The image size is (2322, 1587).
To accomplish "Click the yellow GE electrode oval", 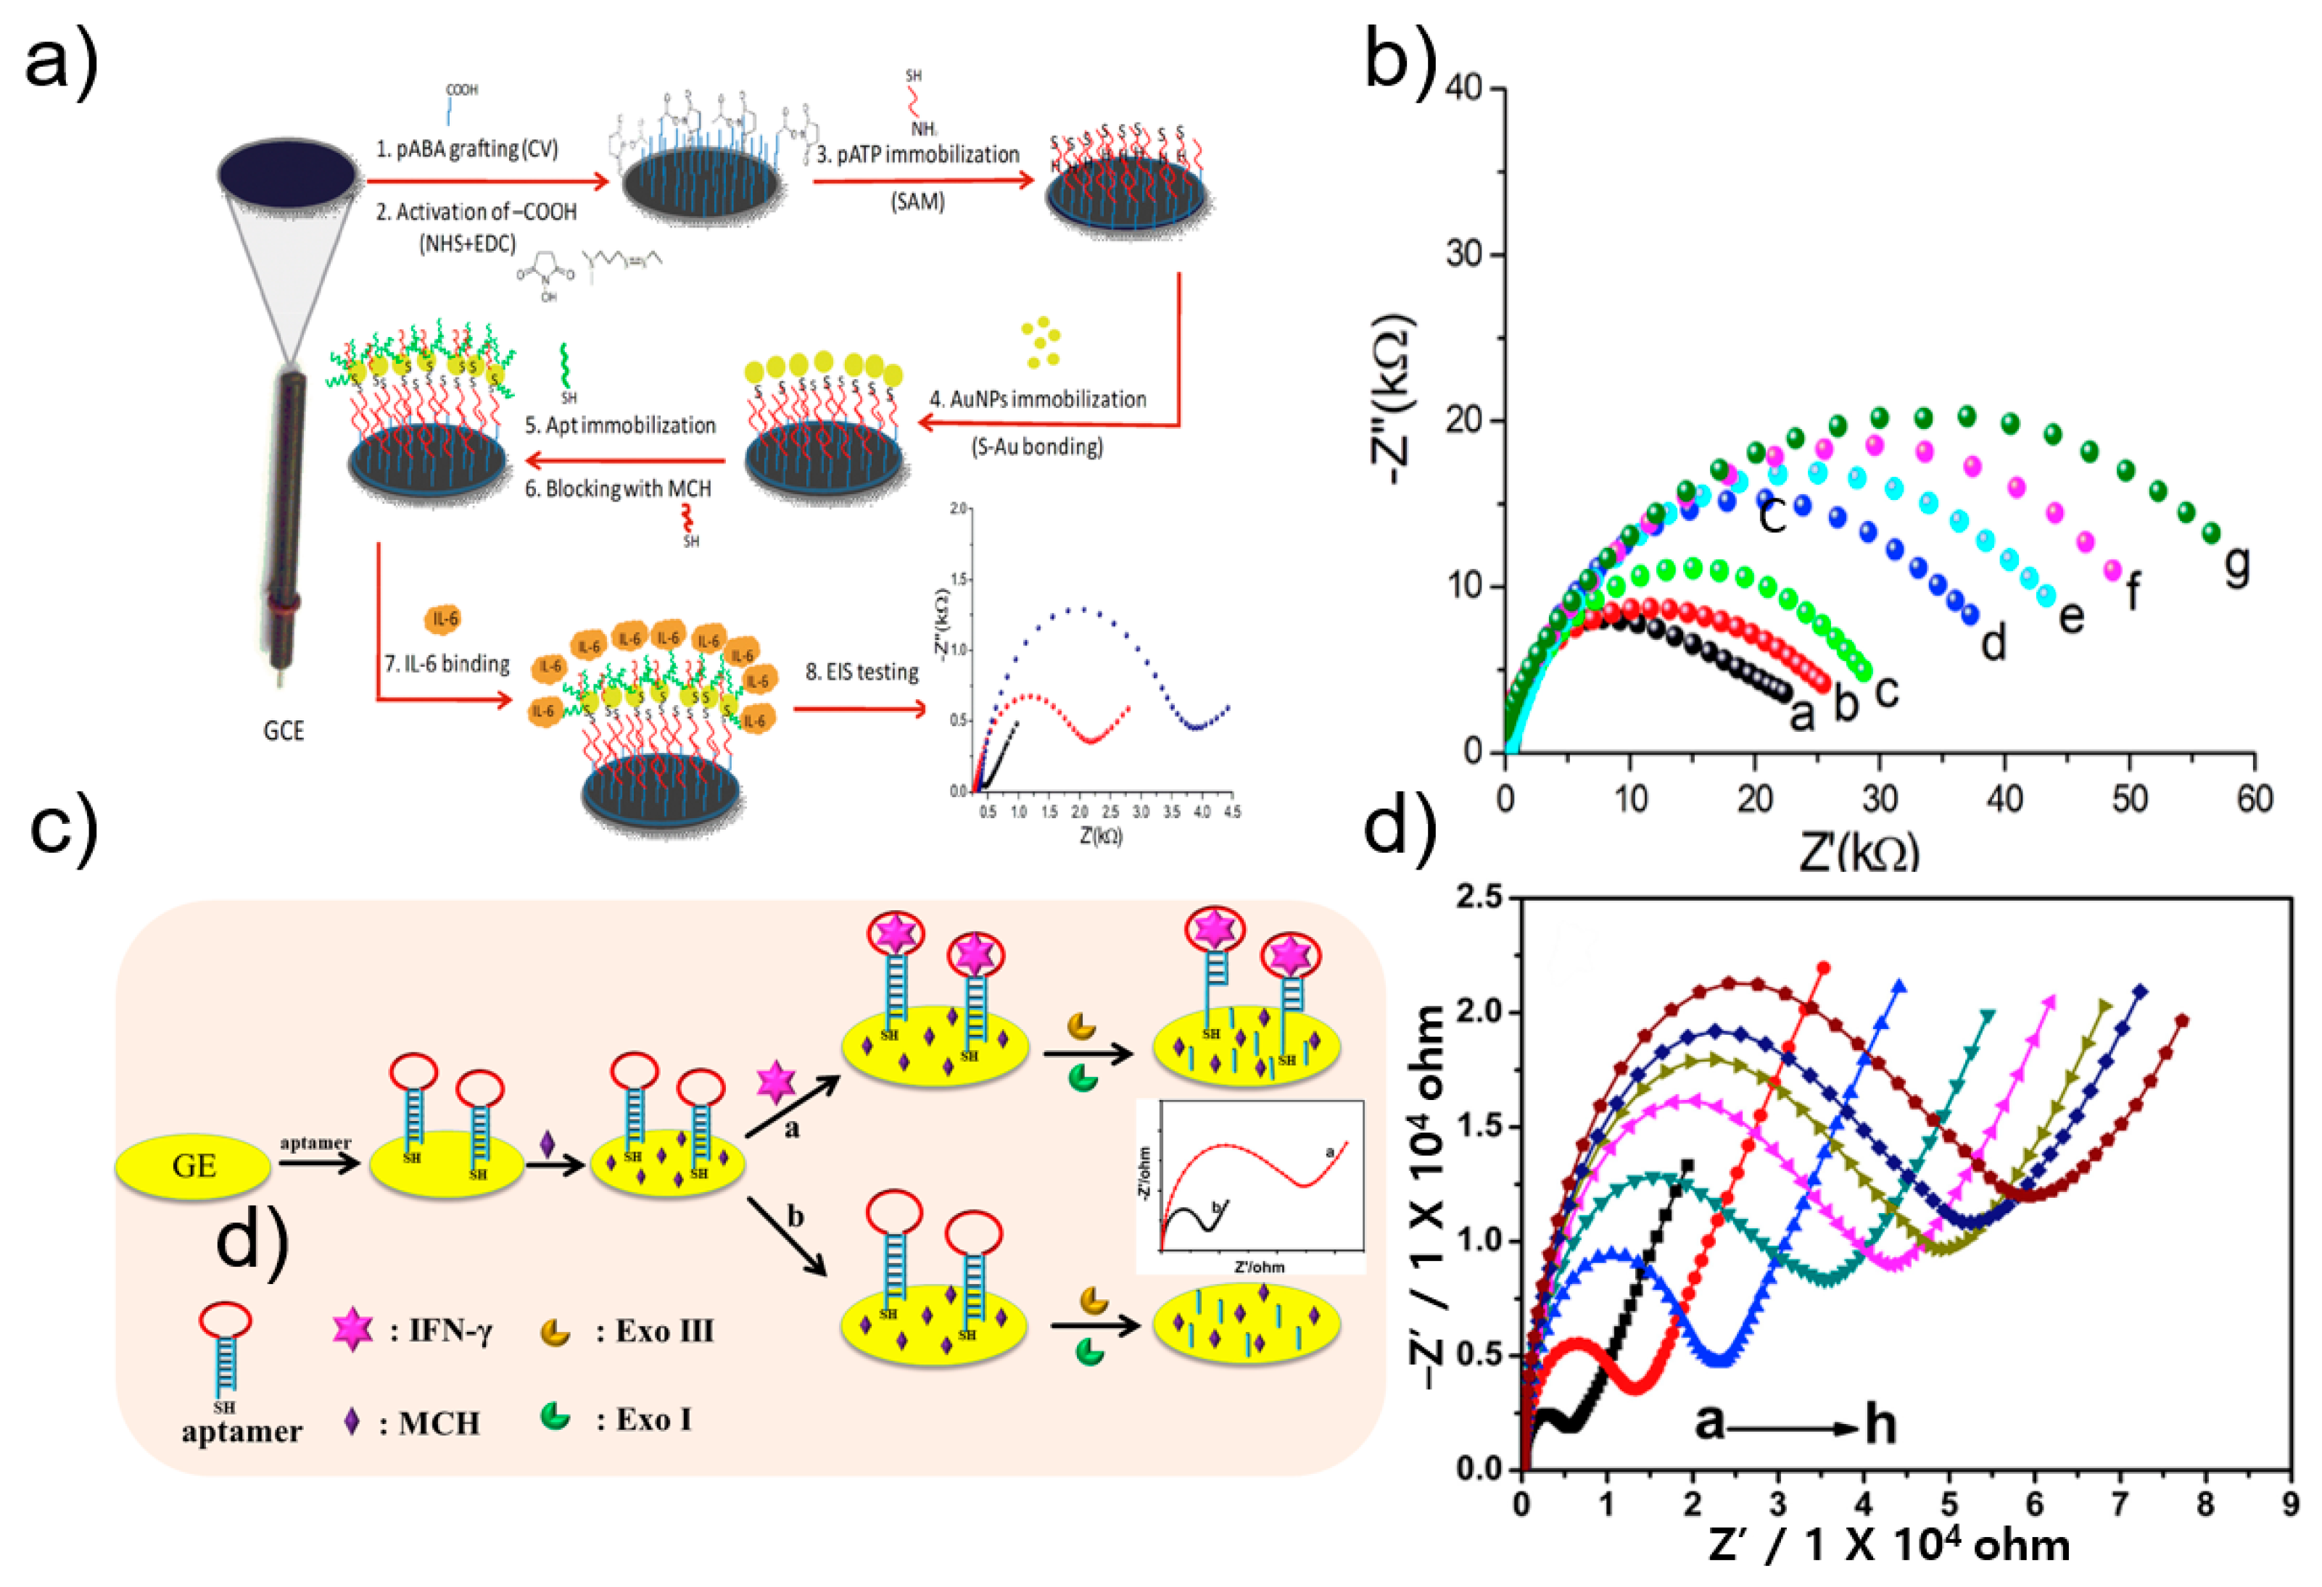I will [193, 1165].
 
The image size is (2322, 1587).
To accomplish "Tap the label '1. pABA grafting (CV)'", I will [466, 149].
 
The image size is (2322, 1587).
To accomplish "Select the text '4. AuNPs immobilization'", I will [1038, 399].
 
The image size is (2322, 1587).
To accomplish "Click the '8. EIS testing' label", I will [862, 672].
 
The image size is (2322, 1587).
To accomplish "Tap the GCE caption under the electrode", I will [284, 731].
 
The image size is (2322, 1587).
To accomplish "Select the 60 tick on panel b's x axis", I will [2254, 799].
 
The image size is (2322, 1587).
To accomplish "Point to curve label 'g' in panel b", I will [2237, 565].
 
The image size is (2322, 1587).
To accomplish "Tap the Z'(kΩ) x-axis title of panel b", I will [1859, 851].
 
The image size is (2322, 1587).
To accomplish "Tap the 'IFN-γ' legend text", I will [450, 1331].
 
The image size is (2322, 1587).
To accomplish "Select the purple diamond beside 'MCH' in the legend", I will [352, 1421].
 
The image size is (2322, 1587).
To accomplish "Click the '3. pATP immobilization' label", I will [918, 155].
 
